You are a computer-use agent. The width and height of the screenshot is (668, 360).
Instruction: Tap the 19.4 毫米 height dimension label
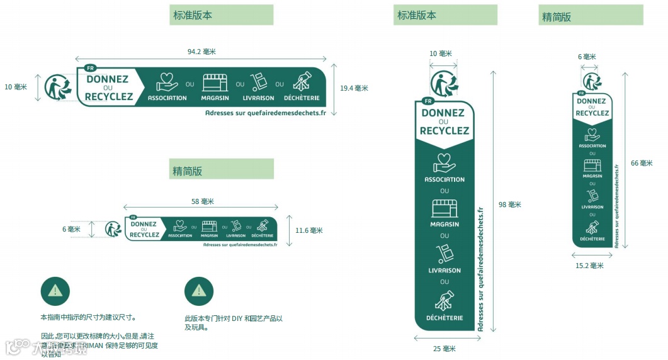pyautogui.click(x=354, y=88)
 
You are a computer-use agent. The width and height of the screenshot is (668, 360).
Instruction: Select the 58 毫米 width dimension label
pyautogui.click(x=203, y=201)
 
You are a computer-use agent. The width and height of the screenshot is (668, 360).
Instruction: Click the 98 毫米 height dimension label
pyautogui.click(x=510, y=205)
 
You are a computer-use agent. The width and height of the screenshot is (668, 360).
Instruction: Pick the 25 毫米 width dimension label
pyautogui.click(x=444, y=349)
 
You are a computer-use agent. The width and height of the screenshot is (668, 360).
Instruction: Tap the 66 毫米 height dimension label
pyautogui.click(x=642, y=163)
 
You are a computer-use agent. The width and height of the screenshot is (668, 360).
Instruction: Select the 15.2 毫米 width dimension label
pyautogui.click(x=589, y=266)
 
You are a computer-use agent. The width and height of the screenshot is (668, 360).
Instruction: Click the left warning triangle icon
pyautogui.click(x=55, y=290)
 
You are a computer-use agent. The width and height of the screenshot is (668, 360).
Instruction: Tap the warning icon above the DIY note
pyautogui.click(x=199, y=290)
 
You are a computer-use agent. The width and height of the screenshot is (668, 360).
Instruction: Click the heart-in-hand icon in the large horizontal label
pyautogui.click(x=167, y=82)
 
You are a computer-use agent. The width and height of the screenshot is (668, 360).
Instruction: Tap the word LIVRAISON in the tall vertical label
pyautogui.click(x=444, y=271)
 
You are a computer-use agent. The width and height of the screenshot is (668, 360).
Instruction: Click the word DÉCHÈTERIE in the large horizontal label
pyautogui.click(x=302, y=98)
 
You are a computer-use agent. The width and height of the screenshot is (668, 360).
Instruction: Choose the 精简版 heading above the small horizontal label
pyautogui.click(x=187, y=171)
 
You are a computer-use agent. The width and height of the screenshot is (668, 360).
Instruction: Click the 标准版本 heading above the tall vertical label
pyautogui.click(x=416, y=15)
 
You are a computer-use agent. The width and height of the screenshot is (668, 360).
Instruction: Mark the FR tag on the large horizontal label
pyautogui.click(x=90, y=68)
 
